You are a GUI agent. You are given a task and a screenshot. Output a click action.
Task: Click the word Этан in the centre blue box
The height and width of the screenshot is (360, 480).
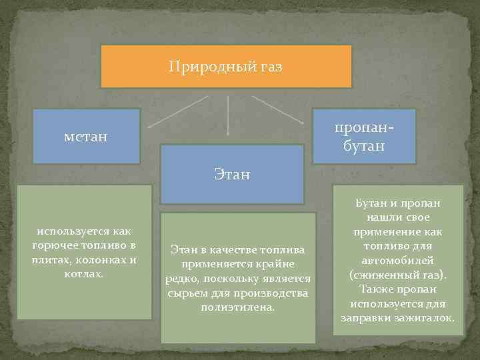click(232, 175)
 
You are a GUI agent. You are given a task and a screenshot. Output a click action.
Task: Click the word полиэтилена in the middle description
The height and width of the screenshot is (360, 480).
click(237, 307)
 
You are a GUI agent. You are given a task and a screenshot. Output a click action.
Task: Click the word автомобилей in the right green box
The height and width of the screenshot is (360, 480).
click(398, 261)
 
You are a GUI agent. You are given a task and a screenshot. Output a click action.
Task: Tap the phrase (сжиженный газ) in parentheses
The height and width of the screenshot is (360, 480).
click(397, 275)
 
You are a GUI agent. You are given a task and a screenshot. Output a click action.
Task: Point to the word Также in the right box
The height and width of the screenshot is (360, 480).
click(375, 289)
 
